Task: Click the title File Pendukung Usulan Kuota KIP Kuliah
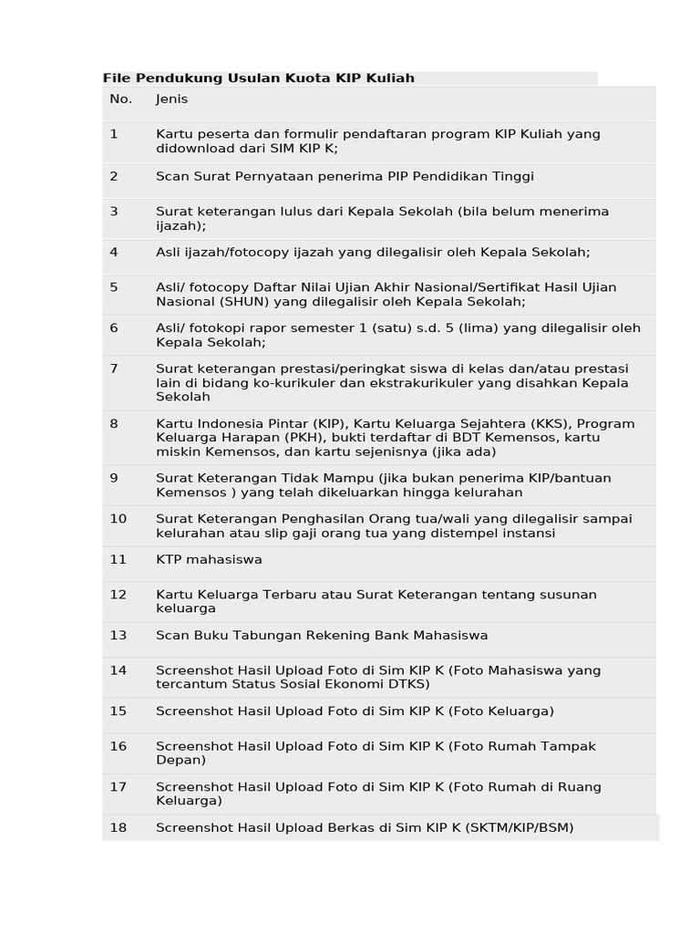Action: tap(258, 78)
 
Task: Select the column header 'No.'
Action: tap(120, 99)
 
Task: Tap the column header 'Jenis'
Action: tap(171, 99)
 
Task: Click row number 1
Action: tap(114, 134)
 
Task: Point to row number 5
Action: tap(114, 287)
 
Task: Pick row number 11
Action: tap(118, 559)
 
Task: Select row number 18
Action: tap(118, 827)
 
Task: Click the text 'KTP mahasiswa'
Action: tap(209, 559)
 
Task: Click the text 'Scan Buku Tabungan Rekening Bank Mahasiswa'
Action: tap(322, 635)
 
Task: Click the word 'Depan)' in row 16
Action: tap(180, 760)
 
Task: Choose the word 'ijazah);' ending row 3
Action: tap(180, 225)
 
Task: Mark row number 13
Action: tap(118, 635)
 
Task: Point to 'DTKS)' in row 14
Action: tap(407, 684)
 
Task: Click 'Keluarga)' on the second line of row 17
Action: tap(189, 801)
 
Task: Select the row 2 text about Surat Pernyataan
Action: tap(345, 176)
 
